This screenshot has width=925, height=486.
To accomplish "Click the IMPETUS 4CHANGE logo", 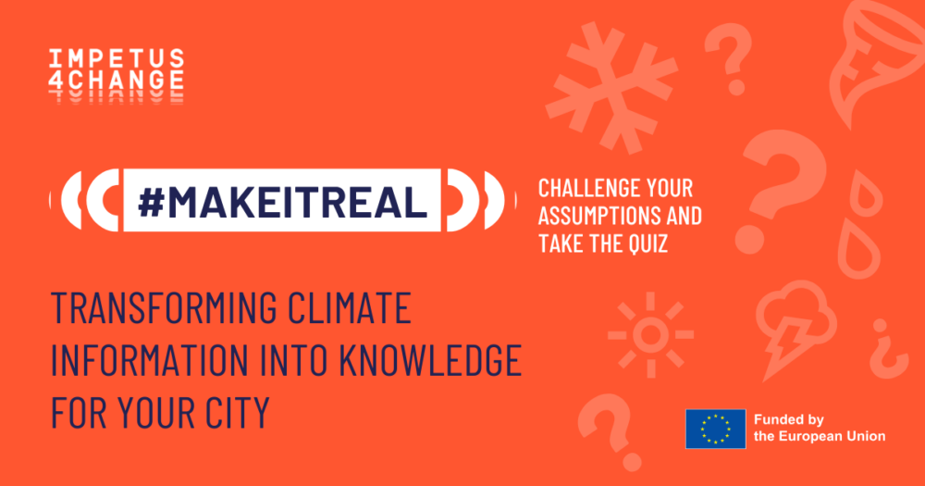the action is (117, 76).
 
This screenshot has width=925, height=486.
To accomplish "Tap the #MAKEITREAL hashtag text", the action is (282, 201).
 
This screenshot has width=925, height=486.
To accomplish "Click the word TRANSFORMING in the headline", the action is (164, 307).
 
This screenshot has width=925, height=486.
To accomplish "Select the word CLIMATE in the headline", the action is (350, 307).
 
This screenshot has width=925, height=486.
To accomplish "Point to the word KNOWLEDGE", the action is (430, 359).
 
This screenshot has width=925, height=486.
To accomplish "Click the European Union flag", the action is (716, 429).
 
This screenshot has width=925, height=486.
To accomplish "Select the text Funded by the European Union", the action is (820, 428).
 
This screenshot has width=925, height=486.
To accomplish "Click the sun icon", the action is (650, 335).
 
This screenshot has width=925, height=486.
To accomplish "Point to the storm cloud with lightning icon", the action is (795, 328).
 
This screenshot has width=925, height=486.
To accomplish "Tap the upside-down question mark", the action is (888, 350).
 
